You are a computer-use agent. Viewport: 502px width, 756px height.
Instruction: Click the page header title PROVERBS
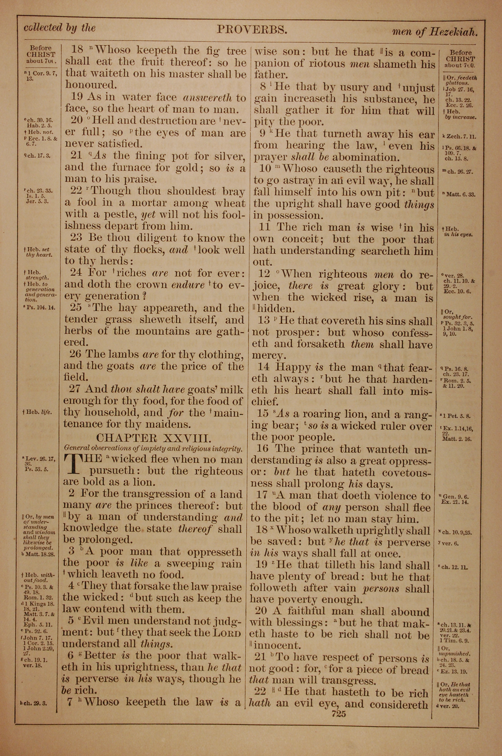click(x=252, y=30)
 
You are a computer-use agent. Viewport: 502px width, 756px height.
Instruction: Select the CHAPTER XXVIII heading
click(x=154, y=438)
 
